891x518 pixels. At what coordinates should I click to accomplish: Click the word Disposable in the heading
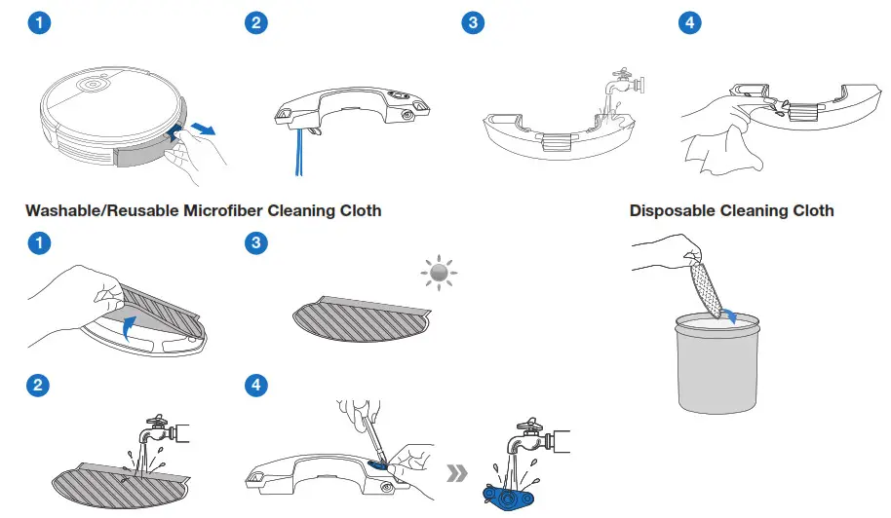(673, 210)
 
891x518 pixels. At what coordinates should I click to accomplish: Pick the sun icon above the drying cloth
(438, 274)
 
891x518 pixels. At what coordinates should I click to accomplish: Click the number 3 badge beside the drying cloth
(256, 243)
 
